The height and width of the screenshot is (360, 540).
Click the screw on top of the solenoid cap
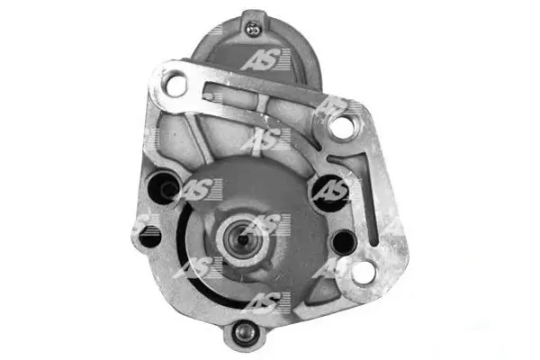(x=254, y=29)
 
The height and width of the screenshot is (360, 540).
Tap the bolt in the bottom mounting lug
(x=244, y=332)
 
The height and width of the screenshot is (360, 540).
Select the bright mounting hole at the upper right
(x=341, y=126)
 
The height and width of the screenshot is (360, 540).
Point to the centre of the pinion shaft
(x=243, y=238)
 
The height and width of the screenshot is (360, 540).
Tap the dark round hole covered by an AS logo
(x=328, y=193)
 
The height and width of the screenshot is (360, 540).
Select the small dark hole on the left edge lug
(x=149, y=237)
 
